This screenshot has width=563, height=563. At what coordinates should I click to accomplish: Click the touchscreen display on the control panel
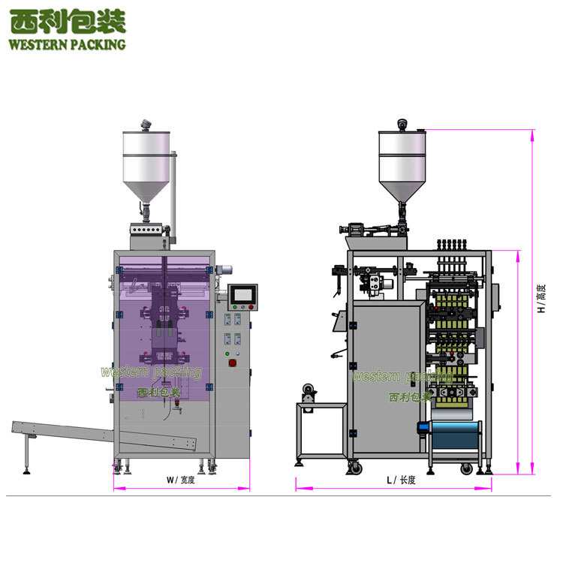(242, 295)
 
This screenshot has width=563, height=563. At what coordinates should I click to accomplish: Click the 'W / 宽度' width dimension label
(181, 480)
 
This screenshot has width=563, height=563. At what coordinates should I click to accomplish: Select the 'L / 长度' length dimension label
(401, 480)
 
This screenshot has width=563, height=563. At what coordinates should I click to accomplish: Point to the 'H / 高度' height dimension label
(541, 298)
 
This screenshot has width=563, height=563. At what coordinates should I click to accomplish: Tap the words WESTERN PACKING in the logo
(67, 44)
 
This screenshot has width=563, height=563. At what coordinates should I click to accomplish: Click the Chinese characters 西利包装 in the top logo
(68, 22)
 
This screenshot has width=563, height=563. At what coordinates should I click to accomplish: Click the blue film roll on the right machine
(456, 435)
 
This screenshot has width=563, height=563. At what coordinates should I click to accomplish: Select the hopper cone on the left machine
(146, 192)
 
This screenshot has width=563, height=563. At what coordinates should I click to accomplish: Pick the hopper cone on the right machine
(402, 191)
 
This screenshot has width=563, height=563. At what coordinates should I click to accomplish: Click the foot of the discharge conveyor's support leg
(26, 471)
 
